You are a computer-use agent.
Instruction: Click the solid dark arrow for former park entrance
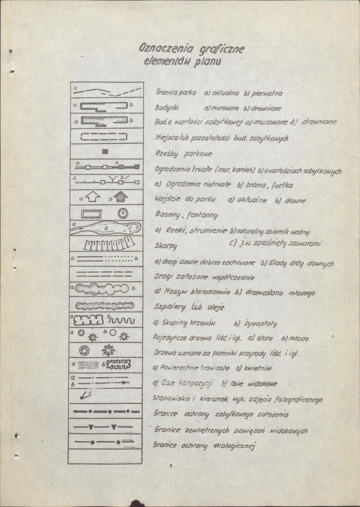click(x=120, y=197)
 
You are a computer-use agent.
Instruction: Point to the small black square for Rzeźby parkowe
click(x=105, y=151)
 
